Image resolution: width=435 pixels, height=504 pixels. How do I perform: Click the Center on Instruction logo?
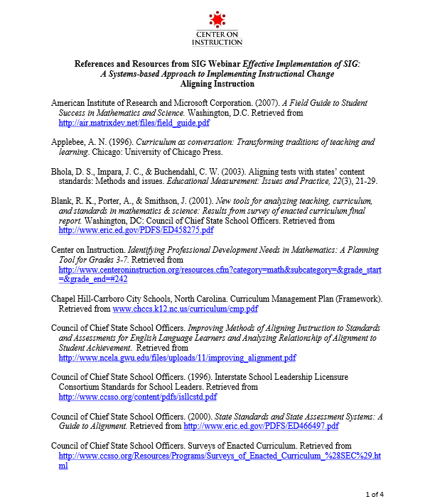tap(217, 28)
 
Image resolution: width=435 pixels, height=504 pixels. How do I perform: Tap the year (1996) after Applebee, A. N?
tap(116, 143)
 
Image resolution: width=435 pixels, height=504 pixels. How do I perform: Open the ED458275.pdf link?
tap(136, 231)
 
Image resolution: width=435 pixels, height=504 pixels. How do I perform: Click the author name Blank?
tap(63, 202)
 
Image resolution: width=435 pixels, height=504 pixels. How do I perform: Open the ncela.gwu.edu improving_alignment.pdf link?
tap(177, 358)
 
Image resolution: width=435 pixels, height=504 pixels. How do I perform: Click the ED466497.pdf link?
tap(261, 426)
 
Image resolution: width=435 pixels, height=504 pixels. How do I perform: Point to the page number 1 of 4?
tap(375, 493)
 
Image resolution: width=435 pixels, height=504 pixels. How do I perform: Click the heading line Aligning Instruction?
tap(217, 84)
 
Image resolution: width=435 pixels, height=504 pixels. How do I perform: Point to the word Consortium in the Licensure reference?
tap(84, 388)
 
